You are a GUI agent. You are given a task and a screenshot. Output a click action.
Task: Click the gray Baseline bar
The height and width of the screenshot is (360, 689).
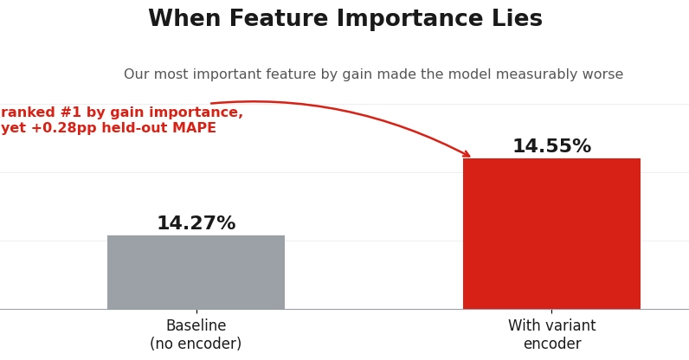coord(196,272)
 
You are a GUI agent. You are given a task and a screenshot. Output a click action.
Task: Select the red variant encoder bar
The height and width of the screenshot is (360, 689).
coord(551,234)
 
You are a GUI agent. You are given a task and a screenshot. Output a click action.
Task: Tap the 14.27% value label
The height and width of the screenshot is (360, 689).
coord(196,223)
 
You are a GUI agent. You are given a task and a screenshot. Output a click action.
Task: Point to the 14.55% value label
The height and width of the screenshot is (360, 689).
coord(552,146)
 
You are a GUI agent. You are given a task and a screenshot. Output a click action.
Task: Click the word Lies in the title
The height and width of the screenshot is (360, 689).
coord(518,18)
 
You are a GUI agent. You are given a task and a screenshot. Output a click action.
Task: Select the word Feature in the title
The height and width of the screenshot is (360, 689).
coord(279,18)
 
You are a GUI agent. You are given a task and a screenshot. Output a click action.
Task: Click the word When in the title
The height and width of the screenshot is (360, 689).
coord(184,18)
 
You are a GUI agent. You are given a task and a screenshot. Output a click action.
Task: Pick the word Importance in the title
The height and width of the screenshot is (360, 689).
coord(409,18)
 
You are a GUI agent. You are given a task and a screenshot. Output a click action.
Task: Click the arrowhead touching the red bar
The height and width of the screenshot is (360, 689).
coord(467,154)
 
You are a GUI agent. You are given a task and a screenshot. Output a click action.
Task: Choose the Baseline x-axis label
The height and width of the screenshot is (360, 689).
coord(196,325)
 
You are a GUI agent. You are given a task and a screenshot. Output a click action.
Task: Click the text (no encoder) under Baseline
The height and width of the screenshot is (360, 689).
coord(196,344)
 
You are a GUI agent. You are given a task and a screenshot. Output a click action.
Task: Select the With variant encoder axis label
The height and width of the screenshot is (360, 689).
coord(552,335)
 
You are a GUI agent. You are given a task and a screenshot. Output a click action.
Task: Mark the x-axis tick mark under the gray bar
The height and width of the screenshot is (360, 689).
coord(196,311)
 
